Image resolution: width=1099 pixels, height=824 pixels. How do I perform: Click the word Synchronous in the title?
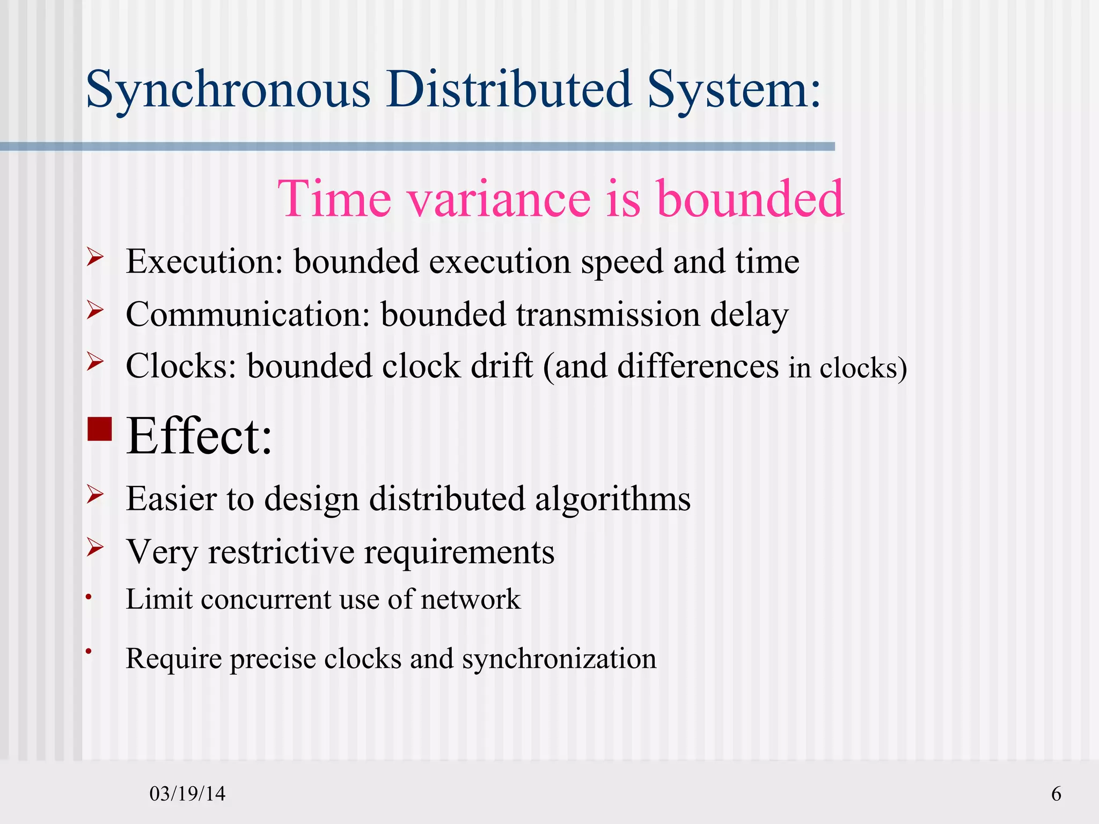228,90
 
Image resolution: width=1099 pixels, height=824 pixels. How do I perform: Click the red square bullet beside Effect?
99,428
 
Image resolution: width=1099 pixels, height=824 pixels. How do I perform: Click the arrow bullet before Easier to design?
95,494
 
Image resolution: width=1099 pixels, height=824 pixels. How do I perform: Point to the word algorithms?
612,499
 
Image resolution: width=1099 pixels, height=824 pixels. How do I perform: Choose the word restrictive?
281,552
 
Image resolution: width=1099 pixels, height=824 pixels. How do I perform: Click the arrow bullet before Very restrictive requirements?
95,547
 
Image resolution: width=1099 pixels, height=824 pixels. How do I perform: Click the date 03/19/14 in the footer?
187,793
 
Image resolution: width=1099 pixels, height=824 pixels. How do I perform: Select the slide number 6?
1056,793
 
